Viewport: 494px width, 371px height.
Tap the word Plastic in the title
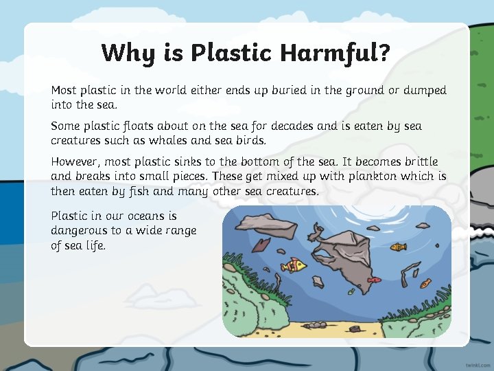224,53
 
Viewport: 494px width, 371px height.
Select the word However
75,161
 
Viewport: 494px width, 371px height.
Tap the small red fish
373,280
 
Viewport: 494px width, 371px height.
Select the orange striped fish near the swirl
398,246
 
